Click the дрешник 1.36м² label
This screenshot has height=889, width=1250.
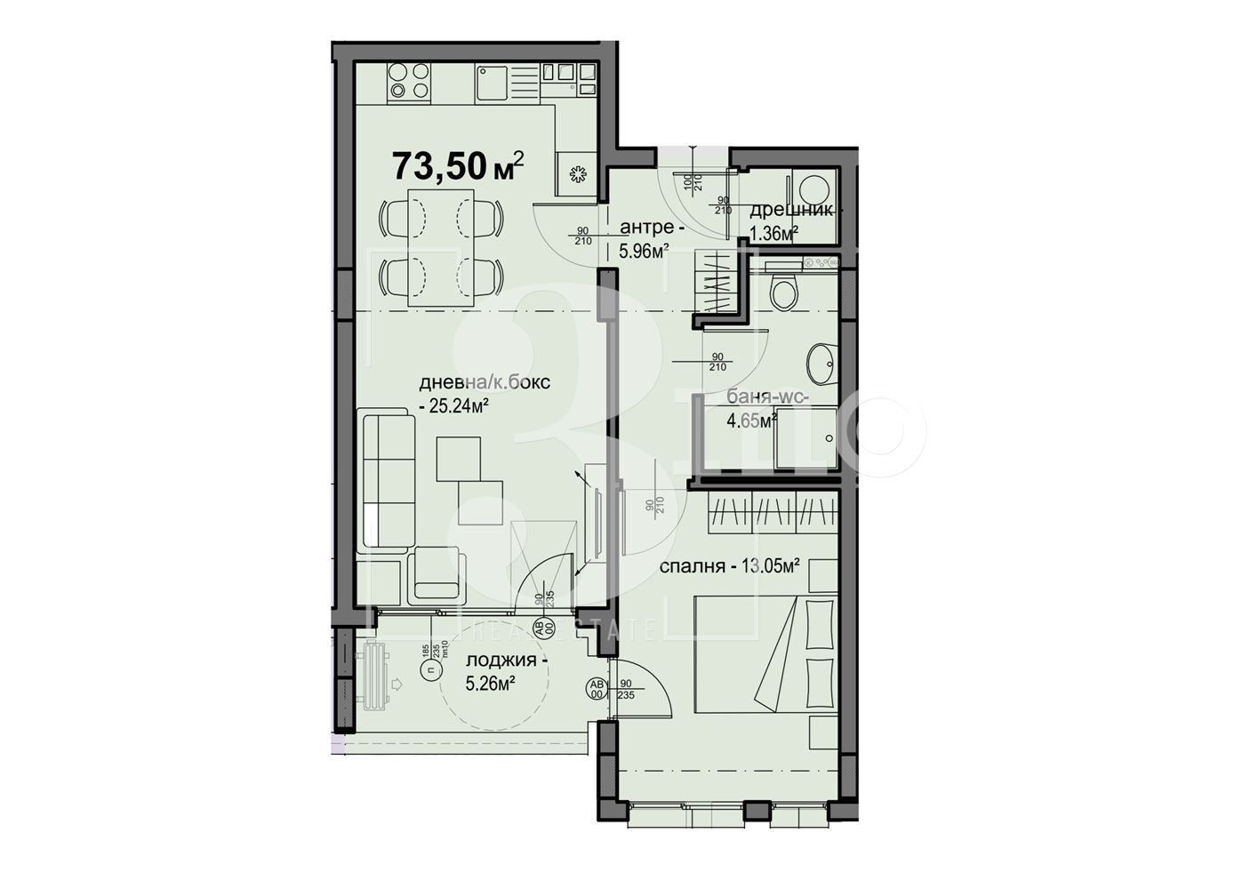pos(789,220)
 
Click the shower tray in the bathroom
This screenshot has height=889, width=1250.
pos(805,438)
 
